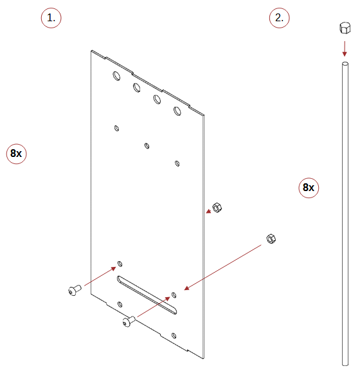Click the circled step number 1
[51, 18]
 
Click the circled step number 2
[279, 18]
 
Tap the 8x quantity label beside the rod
[309, 188]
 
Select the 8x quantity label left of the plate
[16, 154]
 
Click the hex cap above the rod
[345, 28]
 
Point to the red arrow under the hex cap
[345, 49]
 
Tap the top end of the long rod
[345, 64]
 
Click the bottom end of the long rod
[345, 364]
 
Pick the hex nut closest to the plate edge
[217, 207]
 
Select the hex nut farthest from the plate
[271, 239]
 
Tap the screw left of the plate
[75, 290]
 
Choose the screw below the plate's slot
[129, 322]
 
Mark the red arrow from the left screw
[100, 276]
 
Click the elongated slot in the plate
[147, 295]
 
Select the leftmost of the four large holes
[116, 76]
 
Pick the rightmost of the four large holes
[177, 111]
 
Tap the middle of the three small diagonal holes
[147, 145]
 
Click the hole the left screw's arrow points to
[120, 264]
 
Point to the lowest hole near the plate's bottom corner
[174, 336]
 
